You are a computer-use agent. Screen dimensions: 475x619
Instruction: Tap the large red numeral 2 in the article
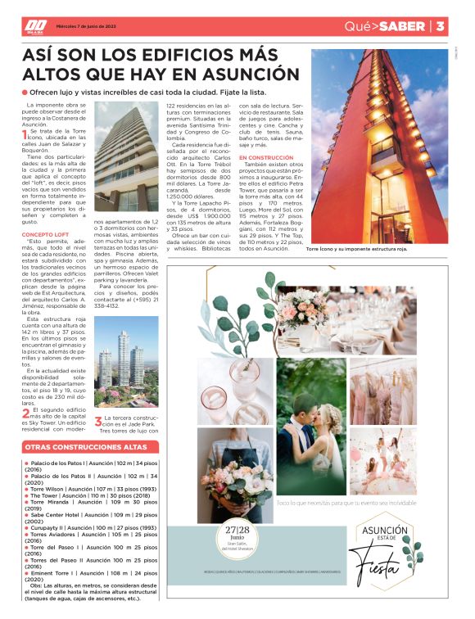(25, 413)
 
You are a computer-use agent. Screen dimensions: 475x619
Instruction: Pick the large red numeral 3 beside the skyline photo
(97, 421)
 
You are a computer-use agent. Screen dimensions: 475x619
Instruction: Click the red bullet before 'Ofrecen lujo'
(25, 93)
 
